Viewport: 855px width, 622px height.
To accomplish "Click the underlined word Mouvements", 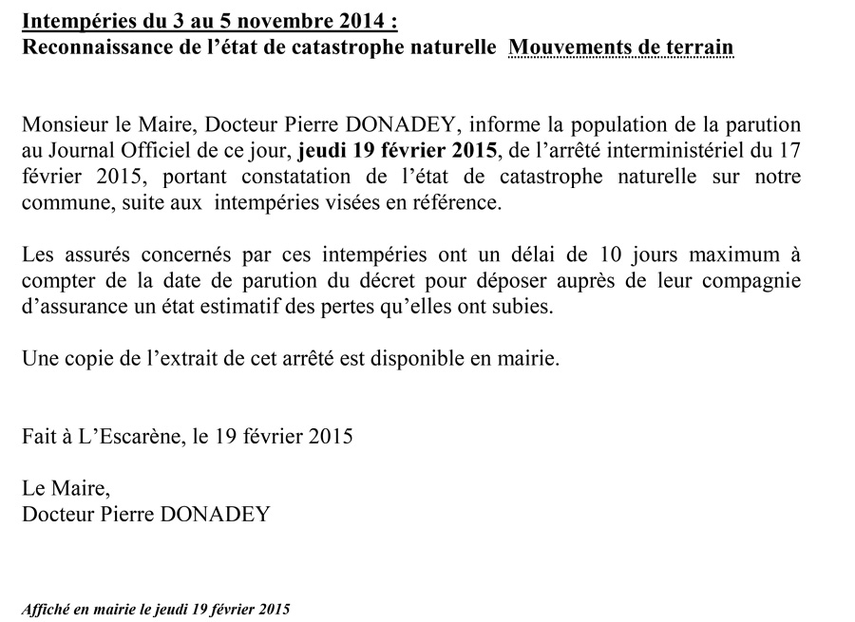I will (567, 46).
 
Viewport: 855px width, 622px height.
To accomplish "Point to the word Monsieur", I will (62, 124).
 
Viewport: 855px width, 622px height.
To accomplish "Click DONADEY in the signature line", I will (219, 516).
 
